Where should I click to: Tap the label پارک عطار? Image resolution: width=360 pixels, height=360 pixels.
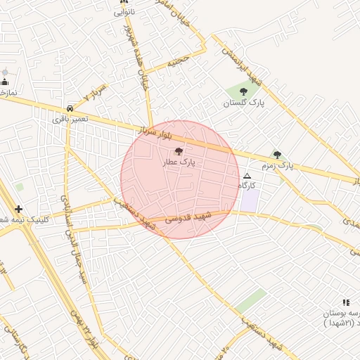pyautogui.click(x=179, y=162)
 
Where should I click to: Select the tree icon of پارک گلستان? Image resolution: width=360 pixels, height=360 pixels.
pyautogui.click(x=243, y=91)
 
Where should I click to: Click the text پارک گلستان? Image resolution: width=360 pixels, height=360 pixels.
pyautogui.click(x=243, y=103)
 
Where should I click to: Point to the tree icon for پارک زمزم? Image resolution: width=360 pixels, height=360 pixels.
pyautogui.click(x=277, y=155)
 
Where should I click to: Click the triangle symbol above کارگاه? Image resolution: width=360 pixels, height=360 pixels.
pyautogui.click(x=247, y=176)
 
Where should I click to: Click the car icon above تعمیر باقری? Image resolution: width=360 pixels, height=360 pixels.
pyautogui.click(x=70, y=108)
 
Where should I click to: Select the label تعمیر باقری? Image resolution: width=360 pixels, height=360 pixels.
pyautogui.click(x=70, y=119)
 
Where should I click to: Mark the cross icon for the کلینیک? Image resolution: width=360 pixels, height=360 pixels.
pyautogui.click(x=18, y=209)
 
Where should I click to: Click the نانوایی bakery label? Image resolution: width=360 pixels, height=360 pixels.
pyautogui.click(x=124, y=12)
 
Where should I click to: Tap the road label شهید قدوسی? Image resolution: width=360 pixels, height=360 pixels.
pyautogui.click(x=189, y=217)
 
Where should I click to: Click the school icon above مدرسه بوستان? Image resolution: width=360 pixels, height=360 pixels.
pyautogui.click(x=346, y=302)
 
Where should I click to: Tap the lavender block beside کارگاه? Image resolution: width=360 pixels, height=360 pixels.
pyautogui.click(x=250, y=200)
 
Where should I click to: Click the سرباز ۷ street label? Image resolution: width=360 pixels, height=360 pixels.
pyautogui.click(x=94, y=93)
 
